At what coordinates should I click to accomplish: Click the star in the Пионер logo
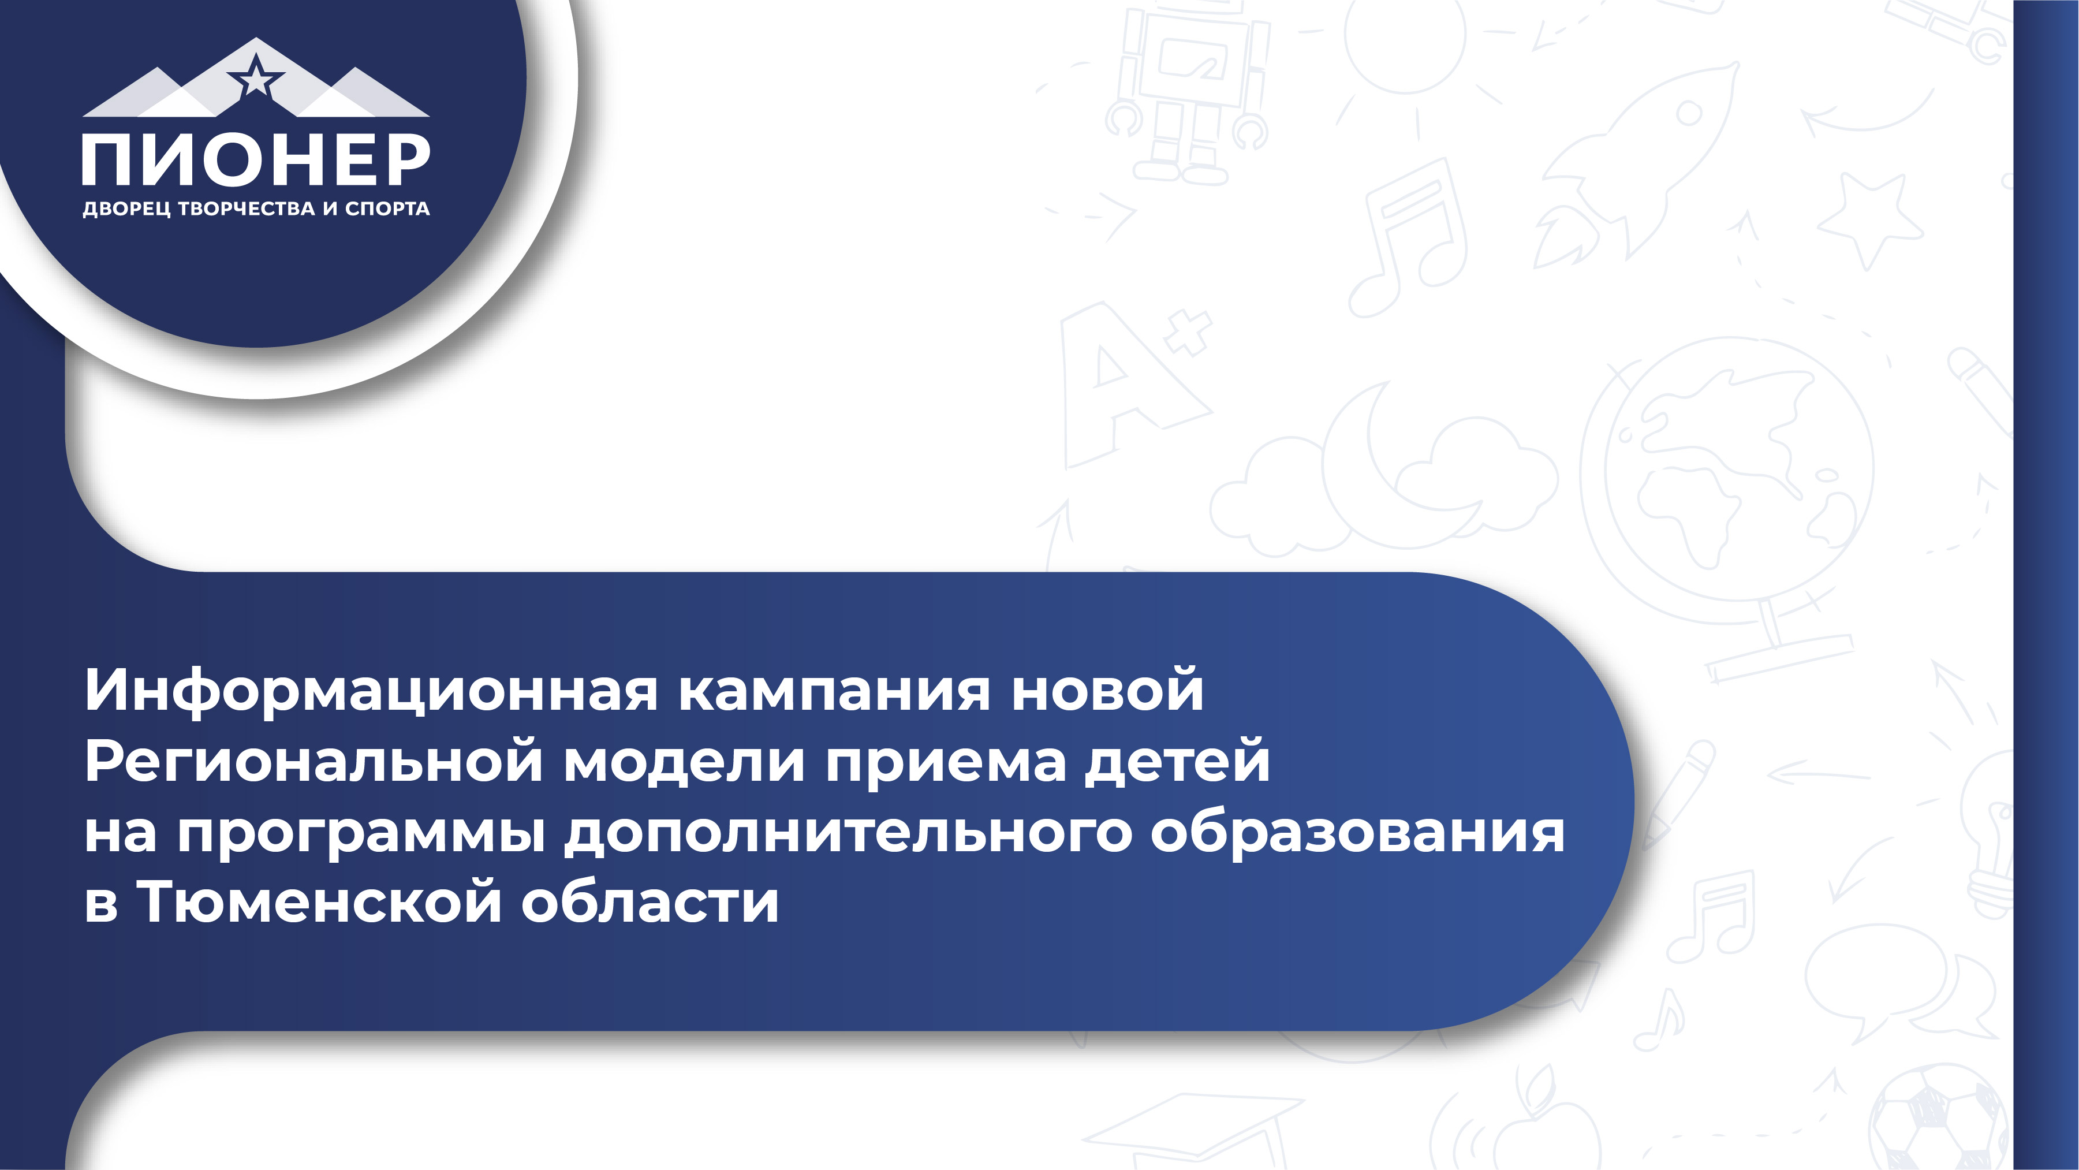[256, 77]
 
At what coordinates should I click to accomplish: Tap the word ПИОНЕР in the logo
[256, 160]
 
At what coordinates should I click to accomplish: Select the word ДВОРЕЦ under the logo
[126, 209]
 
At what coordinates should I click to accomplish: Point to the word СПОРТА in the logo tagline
[387, 208]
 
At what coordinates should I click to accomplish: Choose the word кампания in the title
[834, 691]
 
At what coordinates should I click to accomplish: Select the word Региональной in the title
[313, 761]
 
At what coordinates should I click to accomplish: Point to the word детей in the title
[1178, 761]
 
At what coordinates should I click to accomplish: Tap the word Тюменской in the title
[320, 902]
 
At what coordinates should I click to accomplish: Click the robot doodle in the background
[1186, 89]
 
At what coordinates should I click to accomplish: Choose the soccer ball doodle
[1937, 1119]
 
